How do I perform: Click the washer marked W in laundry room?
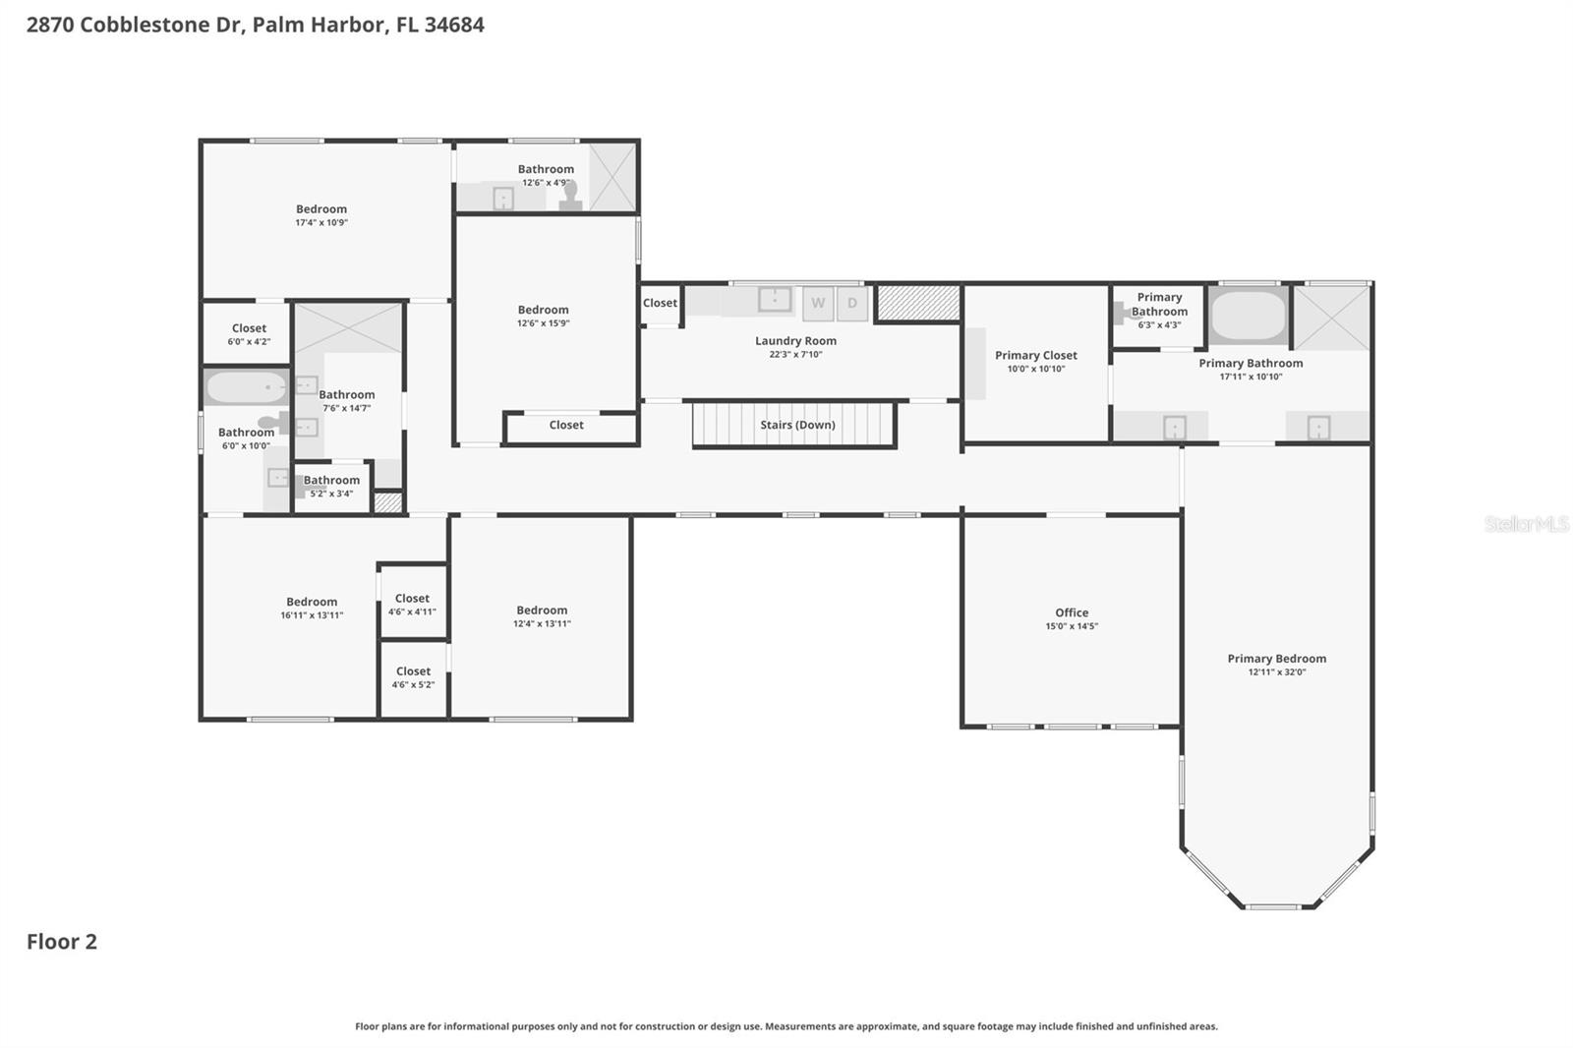click(x=818, y=304)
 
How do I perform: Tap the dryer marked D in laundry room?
click(x=852, y=304)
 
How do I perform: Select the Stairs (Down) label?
click(x=797, y=425)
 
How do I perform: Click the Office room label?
click(x=1072, y=612)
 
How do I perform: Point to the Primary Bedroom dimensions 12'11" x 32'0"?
click(x=1276, y=672)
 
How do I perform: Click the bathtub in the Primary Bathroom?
click(x=1248, y=315)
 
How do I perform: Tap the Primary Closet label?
click(x=1035, y=356)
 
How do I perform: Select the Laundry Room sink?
click(x=775, y=299)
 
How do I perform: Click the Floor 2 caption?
click(x=62, y=942)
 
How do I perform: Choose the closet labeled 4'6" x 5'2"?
click(x=413, y=677)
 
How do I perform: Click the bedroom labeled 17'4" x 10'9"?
click(x=321, y=215)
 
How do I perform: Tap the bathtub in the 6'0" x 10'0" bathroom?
click(x=246, y=387)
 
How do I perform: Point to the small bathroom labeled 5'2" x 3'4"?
click(x=331, y=487)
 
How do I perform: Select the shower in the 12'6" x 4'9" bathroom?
click(x=612, y=177)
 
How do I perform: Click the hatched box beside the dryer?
click(x=918, y=303)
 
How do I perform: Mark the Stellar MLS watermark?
click(x=1526, y=524)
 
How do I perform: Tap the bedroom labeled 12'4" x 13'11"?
click(x=542, y=616)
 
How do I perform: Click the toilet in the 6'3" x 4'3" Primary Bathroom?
click(x=1123, y=313)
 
